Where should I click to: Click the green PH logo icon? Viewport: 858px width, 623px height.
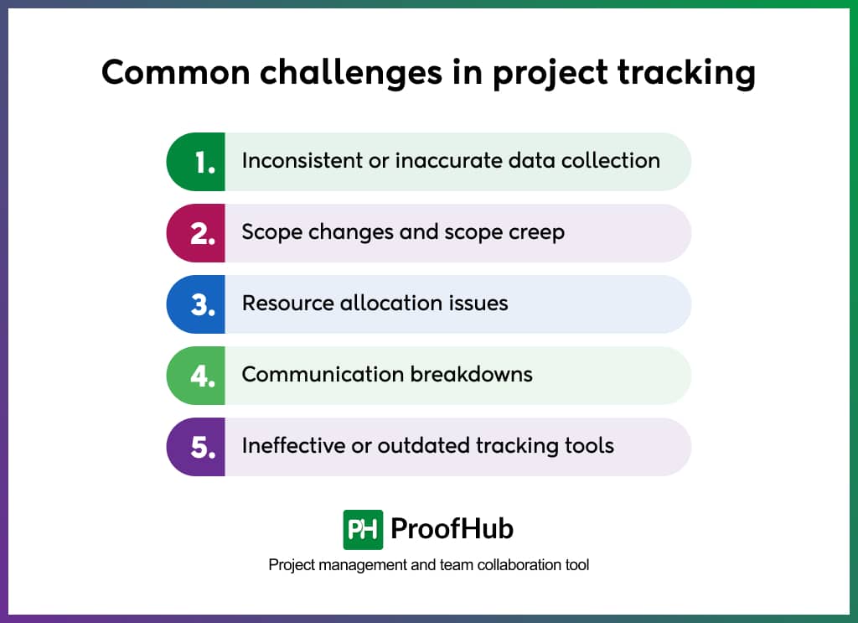pyautogui.click(x=363, y=529)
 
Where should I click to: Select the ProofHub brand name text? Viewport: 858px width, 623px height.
pyautogui.click(x=452, y=529)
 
